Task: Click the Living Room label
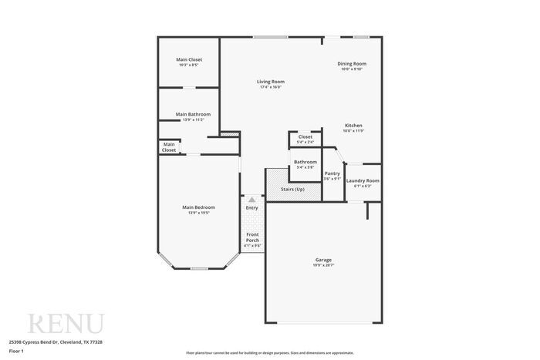click(270, 82)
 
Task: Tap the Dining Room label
click(352, 63)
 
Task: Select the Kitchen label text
click(353, 126)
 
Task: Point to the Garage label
click(323, 260)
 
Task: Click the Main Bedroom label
click(198, 207)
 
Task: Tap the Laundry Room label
click(363, 180)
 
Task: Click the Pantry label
click(332, 173)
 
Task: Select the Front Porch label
click(252, 237)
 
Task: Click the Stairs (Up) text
click(292, 189)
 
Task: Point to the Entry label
click(252, 207)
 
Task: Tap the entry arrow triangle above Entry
click(251, 199)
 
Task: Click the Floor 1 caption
click(16, 351)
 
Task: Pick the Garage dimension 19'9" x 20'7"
click(323, 265)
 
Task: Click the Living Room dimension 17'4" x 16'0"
click(270, 87)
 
